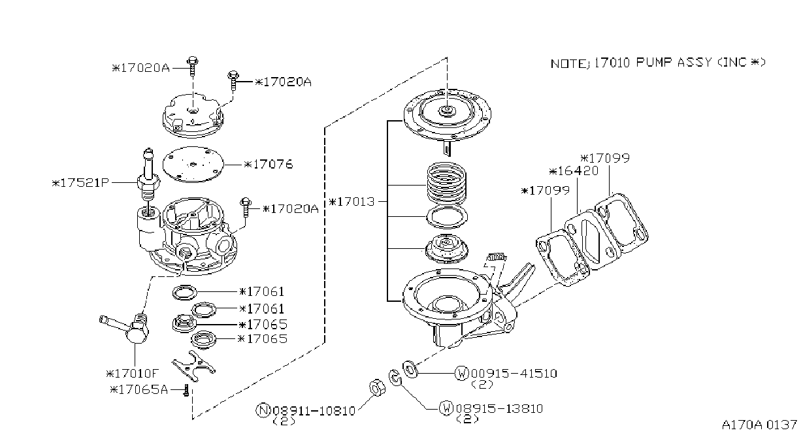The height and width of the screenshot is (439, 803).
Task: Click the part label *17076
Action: (269, 165)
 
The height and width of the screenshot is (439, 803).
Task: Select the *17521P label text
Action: (80, 183)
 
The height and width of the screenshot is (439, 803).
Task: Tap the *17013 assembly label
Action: (352, 202)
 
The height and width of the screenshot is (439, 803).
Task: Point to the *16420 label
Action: (574, 171)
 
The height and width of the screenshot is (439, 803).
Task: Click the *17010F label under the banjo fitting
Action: (132, 374)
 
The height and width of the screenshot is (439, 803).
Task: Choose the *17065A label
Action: (139, 389)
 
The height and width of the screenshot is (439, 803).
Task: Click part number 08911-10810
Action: (314, 411)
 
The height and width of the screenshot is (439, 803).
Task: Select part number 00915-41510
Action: (514, 374)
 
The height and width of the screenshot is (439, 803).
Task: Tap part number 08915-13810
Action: (499, 408)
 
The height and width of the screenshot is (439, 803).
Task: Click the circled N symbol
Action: (263, 410)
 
